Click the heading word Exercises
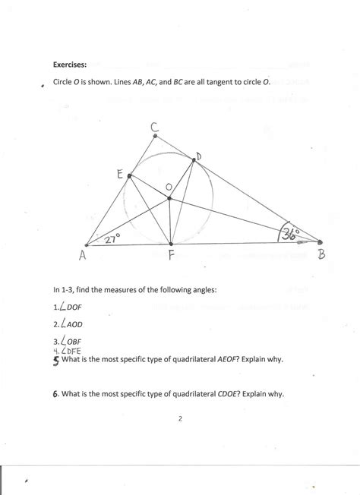pos(71,65)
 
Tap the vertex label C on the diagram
pos(154,129)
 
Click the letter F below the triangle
pos(172,257)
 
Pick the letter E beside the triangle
pos(120,174)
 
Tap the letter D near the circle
pos(198,156)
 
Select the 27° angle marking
pos(113,238)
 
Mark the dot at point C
pos(155,138)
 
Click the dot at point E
pos(129,177)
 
